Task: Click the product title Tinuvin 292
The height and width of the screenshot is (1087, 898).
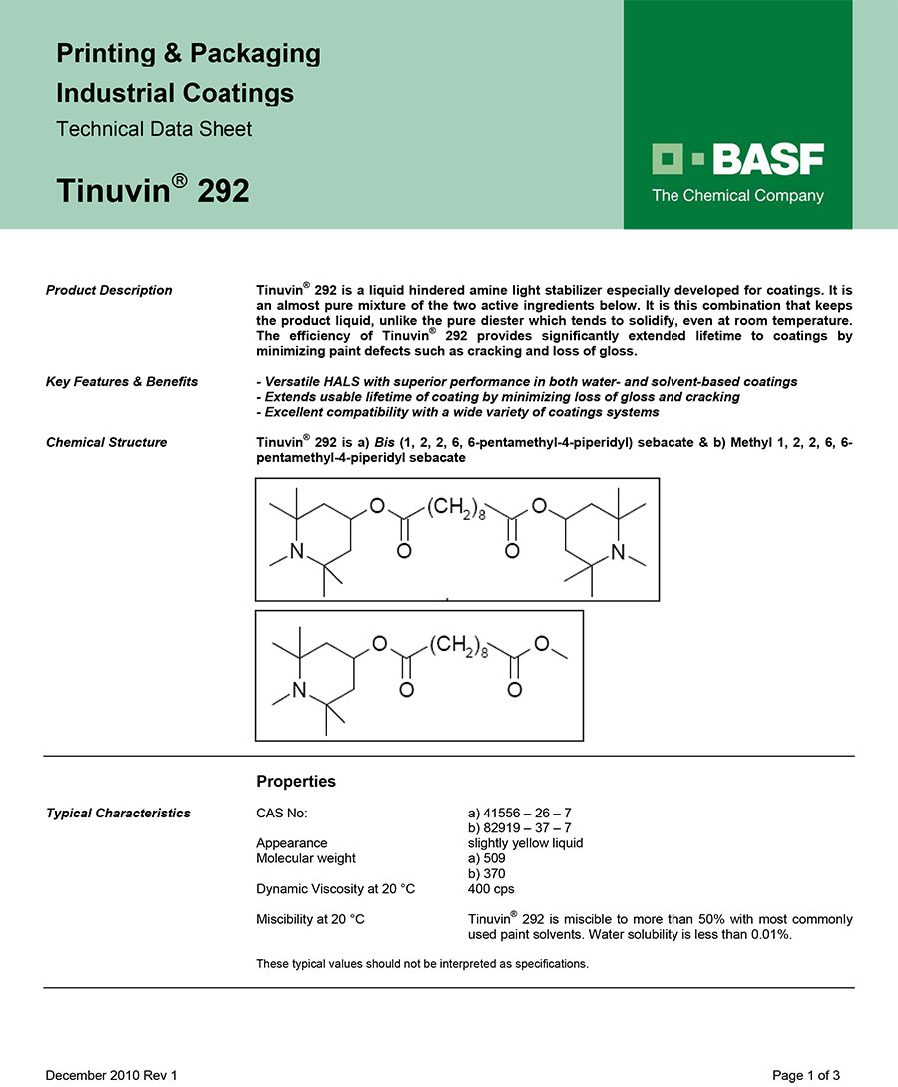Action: pos(153,189)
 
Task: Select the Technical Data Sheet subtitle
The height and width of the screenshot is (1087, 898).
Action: pos(155,129)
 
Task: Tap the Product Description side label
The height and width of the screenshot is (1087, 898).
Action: pos(109,290)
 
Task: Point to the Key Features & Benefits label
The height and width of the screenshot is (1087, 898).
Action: pos(122,381)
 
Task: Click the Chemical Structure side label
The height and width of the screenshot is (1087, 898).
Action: pos(107,442)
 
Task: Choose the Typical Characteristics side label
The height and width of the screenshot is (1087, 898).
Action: pos(118,813)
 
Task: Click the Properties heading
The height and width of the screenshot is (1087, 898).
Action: pos(296,781)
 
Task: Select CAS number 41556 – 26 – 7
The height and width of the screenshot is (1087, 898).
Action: pos(519,813)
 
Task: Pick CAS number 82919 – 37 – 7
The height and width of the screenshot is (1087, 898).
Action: pos(519,827)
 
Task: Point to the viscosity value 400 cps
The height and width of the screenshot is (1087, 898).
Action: pos(491,888)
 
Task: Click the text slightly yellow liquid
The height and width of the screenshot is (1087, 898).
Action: pos(525,843)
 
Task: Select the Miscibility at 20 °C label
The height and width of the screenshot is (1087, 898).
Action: pos(310,918)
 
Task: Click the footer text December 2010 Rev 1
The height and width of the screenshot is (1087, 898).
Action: pos(111,1075)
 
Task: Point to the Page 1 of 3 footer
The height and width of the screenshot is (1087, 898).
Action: pos(813,1075)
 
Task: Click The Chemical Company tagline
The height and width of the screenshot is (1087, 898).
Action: pos(738,196)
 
